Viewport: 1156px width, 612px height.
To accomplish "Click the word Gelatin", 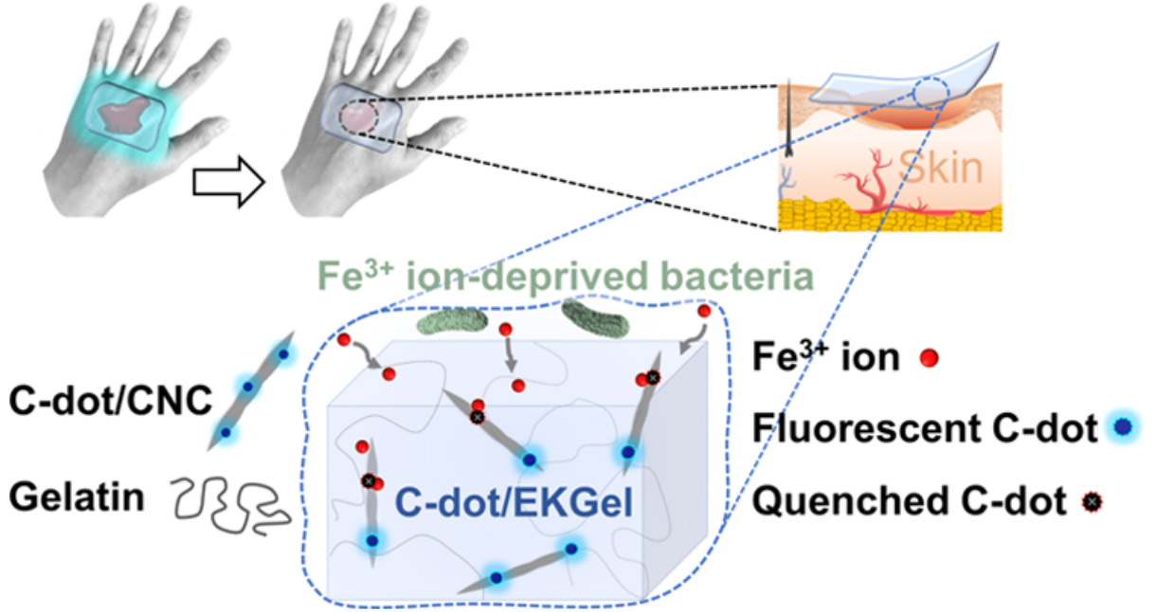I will pyautogui.click(x=75, y=495).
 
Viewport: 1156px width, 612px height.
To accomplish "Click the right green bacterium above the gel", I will pyautogui.click(x=595, y=317).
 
